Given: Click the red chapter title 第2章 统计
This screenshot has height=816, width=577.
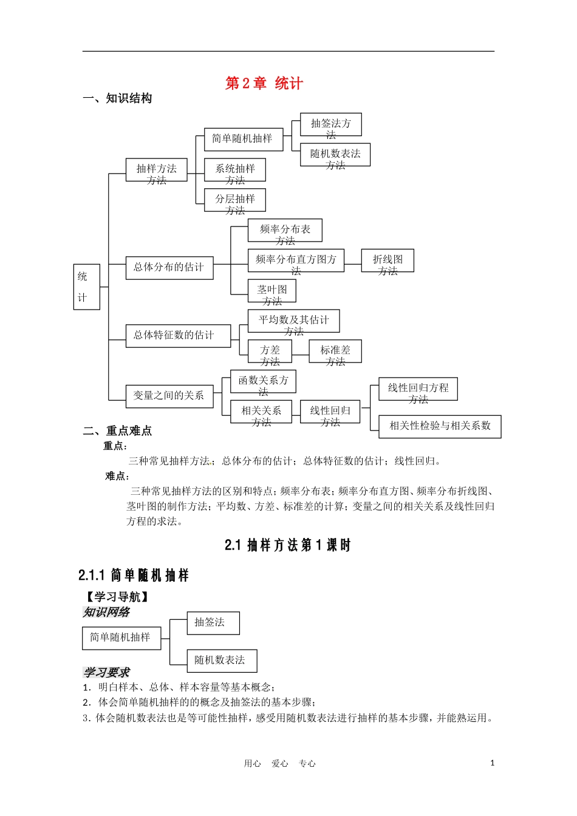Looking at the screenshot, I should (264, 83).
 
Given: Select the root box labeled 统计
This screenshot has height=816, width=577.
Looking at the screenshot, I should (86, 287).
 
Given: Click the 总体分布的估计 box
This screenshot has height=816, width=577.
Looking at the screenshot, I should (169, 268).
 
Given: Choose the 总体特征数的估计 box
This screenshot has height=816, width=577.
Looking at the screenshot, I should (178, 336).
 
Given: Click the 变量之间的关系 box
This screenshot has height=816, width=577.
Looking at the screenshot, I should (169, 396).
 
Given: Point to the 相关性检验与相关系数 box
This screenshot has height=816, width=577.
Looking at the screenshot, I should (440, 426).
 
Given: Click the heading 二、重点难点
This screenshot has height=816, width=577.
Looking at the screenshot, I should (117, 430).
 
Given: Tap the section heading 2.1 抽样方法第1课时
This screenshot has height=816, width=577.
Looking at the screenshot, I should (287, 545).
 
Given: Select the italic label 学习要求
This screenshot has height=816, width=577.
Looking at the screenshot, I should (106, 672).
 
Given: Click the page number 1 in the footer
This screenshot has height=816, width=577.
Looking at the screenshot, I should (492, 763).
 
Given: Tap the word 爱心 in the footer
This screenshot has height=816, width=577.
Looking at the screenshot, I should (279, 764).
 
